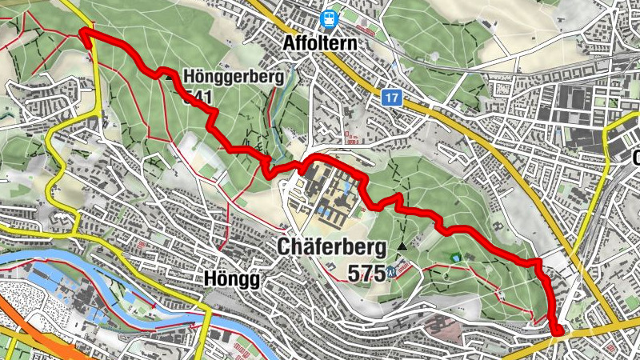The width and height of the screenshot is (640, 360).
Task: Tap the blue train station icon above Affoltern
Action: click(x=328, y=18)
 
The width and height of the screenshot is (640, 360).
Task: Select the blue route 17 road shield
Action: click(x=390, y=98)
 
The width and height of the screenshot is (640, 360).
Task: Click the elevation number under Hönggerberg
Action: click(x=197, y=98)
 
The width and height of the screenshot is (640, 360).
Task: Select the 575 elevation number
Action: click(x=366, y=273)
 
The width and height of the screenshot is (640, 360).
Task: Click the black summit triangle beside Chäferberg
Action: click(x=402, y=247)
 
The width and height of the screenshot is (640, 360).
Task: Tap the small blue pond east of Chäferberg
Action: click(x=456, y=258)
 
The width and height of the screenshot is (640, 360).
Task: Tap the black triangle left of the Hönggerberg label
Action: click(x=169, y=78)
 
